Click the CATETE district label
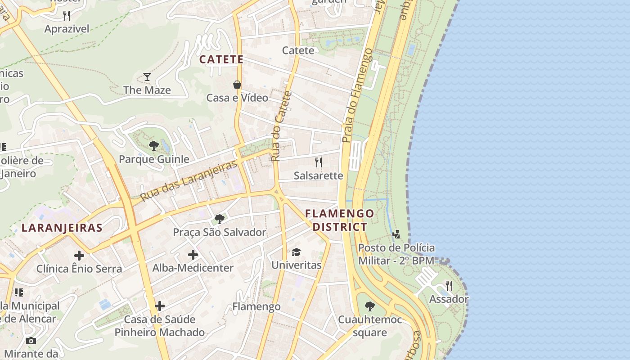[221, 59]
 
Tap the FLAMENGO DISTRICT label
[340, 220]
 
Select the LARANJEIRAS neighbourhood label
[62, 228]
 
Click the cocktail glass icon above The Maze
[147, 77]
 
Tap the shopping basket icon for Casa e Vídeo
[237, 85]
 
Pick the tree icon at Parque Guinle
[153, 145]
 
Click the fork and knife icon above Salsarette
[319, 162]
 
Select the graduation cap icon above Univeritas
[296, 252]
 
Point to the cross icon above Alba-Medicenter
[193, 255]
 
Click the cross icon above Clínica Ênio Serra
[79, 256]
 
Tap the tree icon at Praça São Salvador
[220, 219]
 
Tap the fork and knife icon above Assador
[449, 285]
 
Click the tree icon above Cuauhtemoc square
[370, 306]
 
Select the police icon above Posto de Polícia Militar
[396, 234]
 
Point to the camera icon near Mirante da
[31, 341]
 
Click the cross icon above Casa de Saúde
[160, 306]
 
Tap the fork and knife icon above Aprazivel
[67, 16]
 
